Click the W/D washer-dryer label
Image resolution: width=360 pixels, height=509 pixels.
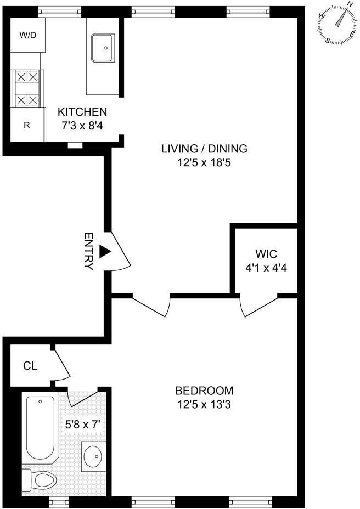click(27, 35)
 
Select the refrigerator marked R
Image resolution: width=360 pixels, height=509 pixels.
click(27, 125)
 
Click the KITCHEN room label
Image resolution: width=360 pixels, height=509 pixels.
click(82, 112)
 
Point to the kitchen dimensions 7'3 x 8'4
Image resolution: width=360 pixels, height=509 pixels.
click(82, 126)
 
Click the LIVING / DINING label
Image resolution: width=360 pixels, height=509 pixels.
click(204, 149)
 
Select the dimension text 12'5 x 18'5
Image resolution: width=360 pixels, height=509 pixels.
click(204, 162)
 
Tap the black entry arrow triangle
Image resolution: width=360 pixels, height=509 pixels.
click(105, 252)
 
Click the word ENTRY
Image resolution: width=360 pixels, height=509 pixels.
click(89, 251)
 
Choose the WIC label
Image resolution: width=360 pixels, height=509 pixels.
click(266, 253)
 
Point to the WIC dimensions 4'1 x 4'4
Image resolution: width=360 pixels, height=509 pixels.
click(266, 268)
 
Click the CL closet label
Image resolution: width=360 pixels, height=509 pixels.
click(30, 366)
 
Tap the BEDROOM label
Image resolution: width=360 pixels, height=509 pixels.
click(204, 391)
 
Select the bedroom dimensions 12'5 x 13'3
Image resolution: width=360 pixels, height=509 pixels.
click(204, 404)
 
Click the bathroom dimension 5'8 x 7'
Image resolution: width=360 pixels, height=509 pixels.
click(85, 425)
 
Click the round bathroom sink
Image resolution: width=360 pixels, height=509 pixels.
click(94, 457)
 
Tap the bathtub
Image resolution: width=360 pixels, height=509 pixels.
click(40, 428)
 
